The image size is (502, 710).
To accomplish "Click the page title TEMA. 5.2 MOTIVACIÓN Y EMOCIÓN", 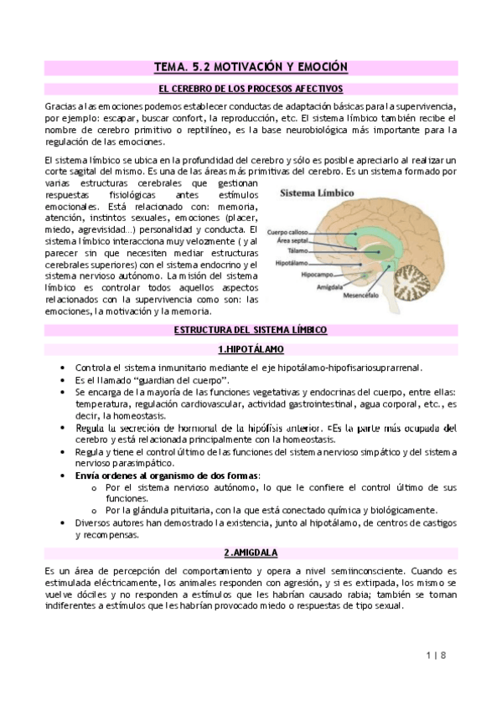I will pos(251,66).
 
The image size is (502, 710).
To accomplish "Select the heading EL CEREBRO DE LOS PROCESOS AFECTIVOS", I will pos(251,89).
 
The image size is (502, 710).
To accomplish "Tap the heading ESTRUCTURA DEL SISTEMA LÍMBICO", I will pos(251,331).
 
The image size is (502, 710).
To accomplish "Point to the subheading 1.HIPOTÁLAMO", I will pos(251,348).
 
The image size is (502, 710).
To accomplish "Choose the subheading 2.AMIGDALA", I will pos(251,553).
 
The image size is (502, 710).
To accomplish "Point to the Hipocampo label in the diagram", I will pos(318,274).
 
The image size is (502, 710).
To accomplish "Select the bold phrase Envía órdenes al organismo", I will pos(138,476).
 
